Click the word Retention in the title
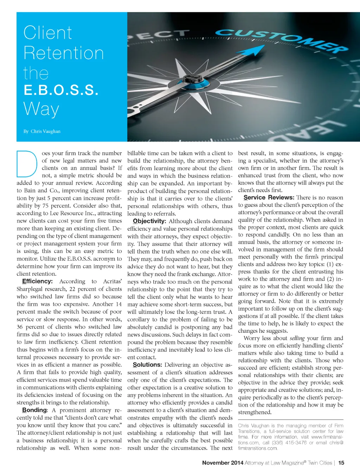(x=64, y=53)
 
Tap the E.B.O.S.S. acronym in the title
(x=61, y=90)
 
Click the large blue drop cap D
(x=27, y=164)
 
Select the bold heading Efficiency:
(x=37, y=281)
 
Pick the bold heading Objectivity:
(x=149, y=221)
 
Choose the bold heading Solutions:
(x=147, y=365)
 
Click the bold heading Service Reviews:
(x=269, y=197)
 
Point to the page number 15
(x=341, y=463)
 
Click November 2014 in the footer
(x=223, y=463)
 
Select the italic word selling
(x=297, y=338)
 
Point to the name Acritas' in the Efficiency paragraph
(x=112, y=281)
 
